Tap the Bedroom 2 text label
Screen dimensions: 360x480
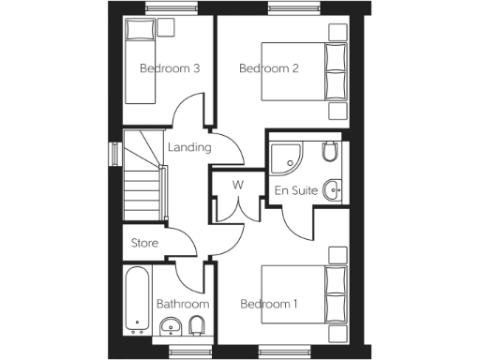[269, 67]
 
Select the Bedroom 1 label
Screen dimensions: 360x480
[269, 304]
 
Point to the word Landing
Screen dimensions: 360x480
[188, 147]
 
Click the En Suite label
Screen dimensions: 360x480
[293, 190]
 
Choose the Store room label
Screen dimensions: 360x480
[144, 243]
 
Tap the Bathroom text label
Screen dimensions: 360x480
[182, 304]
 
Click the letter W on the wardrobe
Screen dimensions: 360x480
[237, 184]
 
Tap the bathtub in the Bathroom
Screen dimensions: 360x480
[138, 301]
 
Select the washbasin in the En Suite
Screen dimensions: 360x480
[333, 189]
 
